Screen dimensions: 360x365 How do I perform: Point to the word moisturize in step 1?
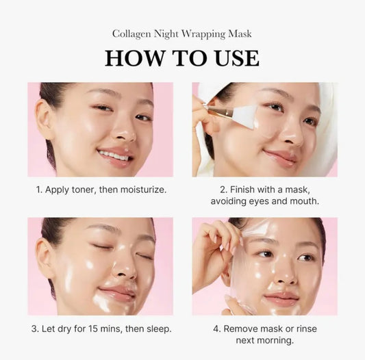click(138, 189)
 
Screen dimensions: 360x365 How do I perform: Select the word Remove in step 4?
click(247, 329)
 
